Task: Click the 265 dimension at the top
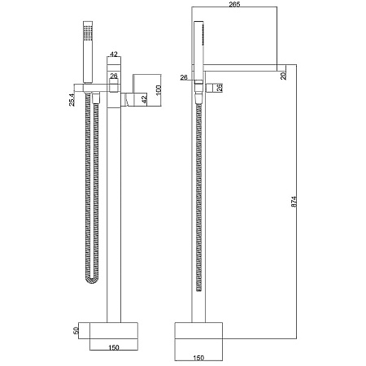tap(234, 4)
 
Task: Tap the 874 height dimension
tap(294, 202)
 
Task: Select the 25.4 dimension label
tap(72, 99)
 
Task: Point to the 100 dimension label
tap(159, 90)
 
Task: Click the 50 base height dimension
tap(76, 330)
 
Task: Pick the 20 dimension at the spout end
tap(284, 76)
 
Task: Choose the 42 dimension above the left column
tap(114, 54)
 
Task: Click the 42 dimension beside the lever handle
tap(144, 98)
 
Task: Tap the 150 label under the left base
tap(114, 347)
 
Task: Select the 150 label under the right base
tap(198, 358)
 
